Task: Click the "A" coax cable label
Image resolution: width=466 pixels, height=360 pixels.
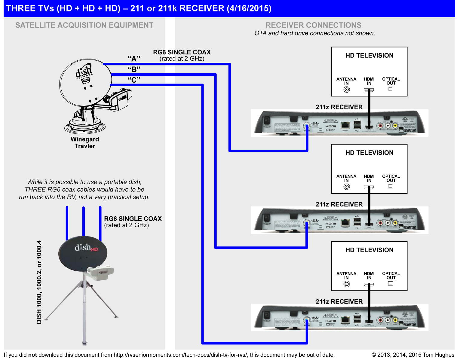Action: tap(134, 59)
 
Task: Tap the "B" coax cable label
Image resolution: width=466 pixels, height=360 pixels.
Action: tap(134, 69)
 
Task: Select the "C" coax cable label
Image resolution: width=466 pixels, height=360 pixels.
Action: tap(134, 80)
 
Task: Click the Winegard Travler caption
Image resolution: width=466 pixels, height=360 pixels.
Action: tap(85, 143)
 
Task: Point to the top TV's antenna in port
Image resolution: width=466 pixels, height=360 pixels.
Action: tap(346, 90)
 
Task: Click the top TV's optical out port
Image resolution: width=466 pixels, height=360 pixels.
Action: tap(391, 89)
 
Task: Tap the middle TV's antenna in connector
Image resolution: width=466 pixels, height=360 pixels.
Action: tap(346, 187)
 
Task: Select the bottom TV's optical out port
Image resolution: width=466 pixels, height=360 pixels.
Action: tap(391, 283)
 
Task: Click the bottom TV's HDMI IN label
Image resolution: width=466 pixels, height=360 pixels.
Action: tap(369, 276)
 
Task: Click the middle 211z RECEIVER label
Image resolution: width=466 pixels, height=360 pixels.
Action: tap(339, 204)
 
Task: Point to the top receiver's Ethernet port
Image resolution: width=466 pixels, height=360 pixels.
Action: tap(345, 125)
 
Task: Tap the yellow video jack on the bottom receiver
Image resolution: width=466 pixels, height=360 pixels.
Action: tap(395, 320)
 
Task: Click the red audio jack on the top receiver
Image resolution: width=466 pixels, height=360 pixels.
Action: tap(381, 126)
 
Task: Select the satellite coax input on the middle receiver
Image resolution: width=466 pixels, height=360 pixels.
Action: tap(307, 223)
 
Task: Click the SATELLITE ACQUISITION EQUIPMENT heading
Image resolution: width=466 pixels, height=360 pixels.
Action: tap(84, 25)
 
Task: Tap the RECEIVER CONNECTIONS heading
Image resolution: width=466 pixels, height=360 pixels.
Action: tap(313, 25)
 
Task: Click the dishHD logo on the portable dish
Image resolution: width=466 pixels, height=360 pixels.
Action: tap(86, 248)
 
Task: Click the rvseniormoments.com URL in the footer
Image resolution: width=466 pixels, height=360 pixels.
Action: tap(180, 355)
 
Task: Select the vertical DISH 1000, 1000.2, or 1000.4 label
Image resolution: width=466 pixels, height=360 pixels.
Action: tap(39, 282)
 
